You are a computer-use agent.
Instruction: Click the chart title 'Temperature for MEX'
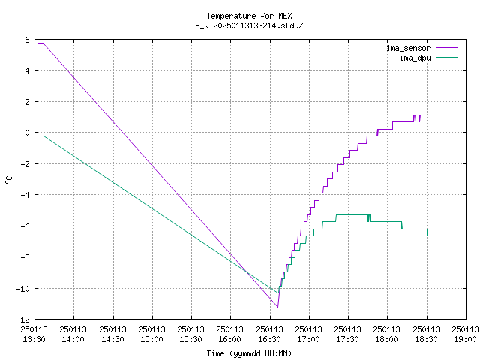(x=249, y=16)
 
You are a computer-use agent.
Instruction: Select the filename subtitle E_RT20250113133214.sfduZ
(x=249, y=25)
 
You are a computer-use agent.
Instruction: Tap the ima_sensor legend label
(x=408, y=48)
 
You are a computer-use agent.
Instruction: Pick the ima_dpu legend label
(x=415, y=58)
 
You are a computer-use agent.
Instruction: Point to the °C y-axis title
(x=8, y=180)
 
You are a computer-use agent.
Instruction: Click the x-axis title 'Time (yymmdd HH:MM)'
(x=249, y=353)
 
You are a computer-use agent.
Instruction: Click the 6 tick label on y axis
(x=27, y=40)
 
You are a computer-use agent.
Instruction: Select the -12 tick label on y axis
(x=23, y=319)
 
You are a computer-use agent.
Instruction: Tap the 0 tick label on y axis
(x=27, y=133)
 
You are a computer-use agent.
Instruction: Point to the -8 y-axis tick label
(x=25, y=257)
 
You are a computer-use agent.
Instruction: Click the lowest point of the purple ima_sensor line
(x=277, y=307)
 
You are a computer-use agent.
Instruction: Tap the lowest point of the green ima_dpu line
(x=278, y=293)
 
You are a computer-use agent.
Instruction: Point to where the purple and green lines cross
(x=247, y=271)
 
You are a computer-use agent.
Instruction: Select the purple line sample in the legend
(x=447, y=48)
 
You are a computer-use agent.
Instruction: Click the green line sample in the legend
(x=447, y=57)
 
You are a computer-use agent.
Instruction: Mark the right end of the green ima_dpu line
(x=427, y=235)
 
